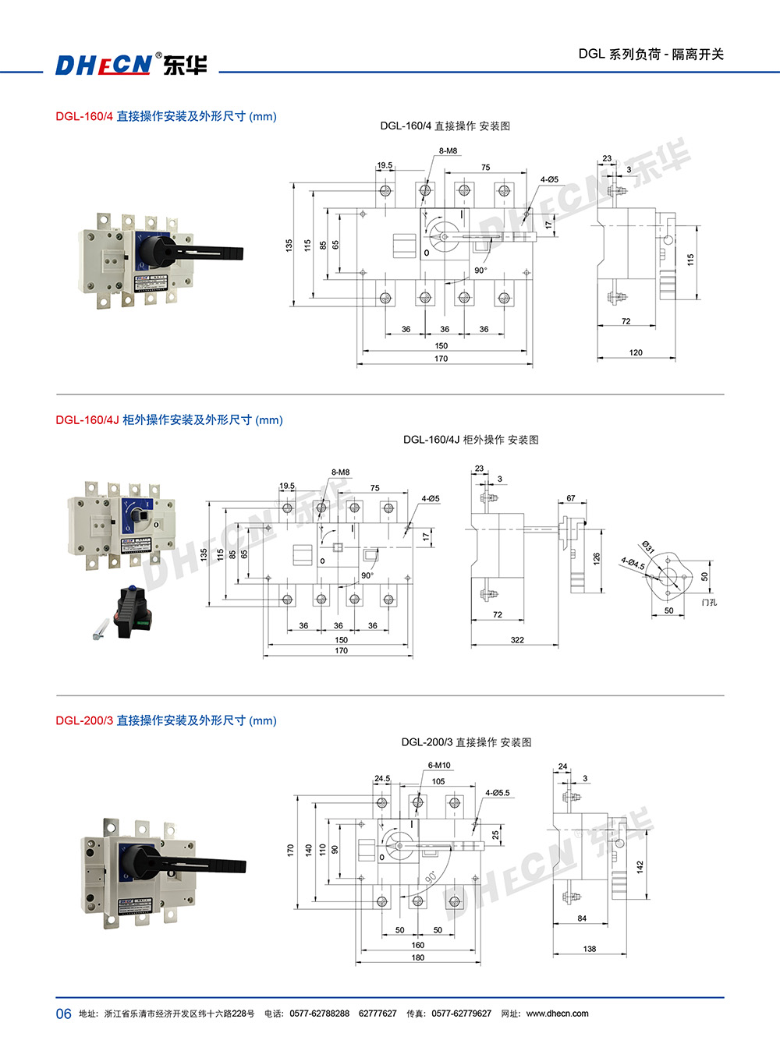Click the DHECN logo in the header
click(131, 64)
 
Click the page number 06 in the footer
click(63, 1014)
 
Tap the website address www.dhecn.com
click(557, 1014)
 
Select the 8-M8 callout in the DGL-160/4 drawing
click(448, 150)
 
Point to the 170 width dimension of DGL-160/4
click(441, 359)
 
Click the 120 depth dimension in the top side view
click(636, 352)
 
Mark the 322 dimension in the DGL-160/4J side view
click(517, 640)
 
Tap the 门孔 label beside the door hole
click(709, 603)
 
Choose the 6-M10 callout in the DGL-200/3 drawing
click(439, 766)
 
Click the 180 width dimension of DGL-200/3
click(418, 957)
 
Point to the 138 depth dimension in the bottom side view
click(589, 949)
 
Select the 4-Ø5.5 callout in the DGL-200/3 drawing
click(497, 793)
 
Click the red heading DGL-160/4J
click(87, 419)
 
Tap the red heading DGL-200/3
click(84, 720)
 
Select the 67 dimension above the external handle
click(571, 498)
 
